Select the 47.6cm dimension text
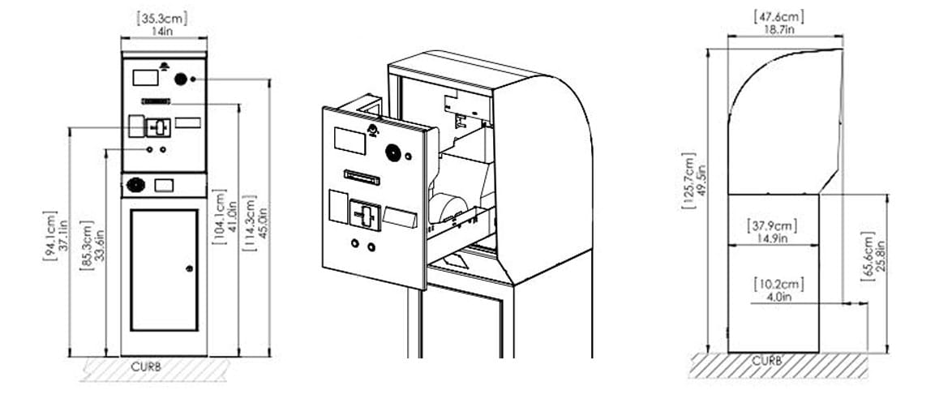778,17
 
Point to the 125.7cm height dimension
688,182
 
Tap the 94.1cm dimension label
50,237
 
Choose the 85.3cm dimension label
87,245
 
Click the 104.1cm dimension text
219,217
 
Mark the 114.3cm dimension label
249,222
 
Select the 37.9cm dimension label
772,226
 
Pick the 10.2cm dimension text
778,284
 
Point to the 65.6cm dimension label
868,256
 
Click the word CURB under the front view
146,367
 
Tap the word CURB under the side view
767,361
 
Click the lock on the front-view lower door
190,268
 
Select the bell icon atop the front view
164,65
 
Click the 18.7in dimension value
779,30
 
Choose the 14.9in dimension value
772,238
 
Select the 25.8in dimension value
881,256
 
